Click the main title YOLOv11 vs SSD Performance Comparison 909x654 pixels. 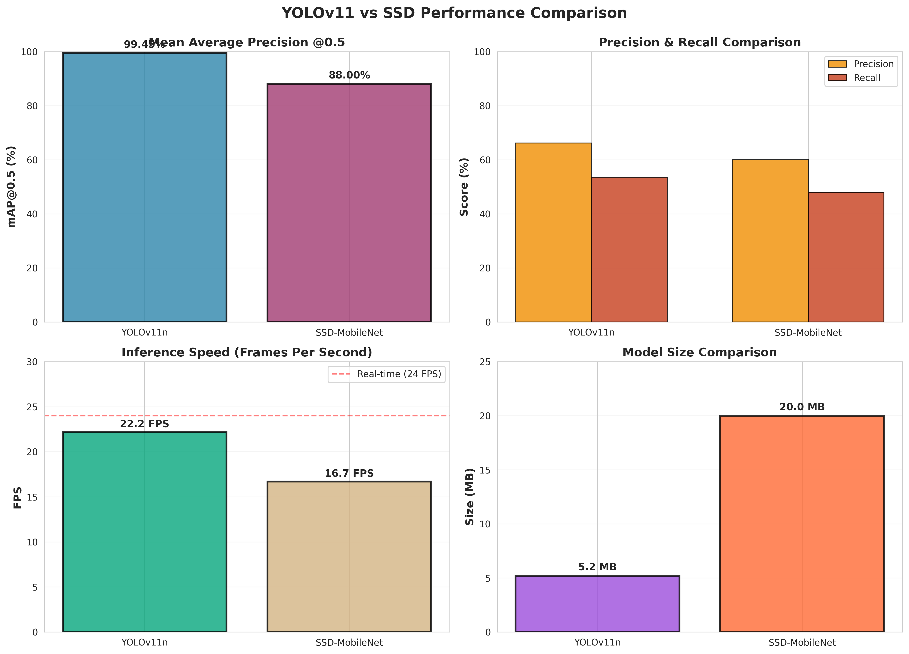(454, 13)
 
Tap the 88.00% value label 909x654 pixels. (349, 75)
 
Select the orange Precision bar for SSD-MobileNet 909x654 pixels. (770, 240)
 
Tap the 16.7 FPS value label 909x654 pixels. (349, 473)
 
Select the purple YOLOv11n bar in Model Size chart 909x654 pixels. (597, 603)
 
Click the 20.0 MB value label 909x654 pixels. (802, 407)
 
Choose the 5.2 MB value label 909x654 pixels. (597, 567)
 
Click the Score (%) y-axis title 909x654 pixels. (464, 187)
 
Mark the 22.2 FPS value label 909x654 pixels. (145, 424)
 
